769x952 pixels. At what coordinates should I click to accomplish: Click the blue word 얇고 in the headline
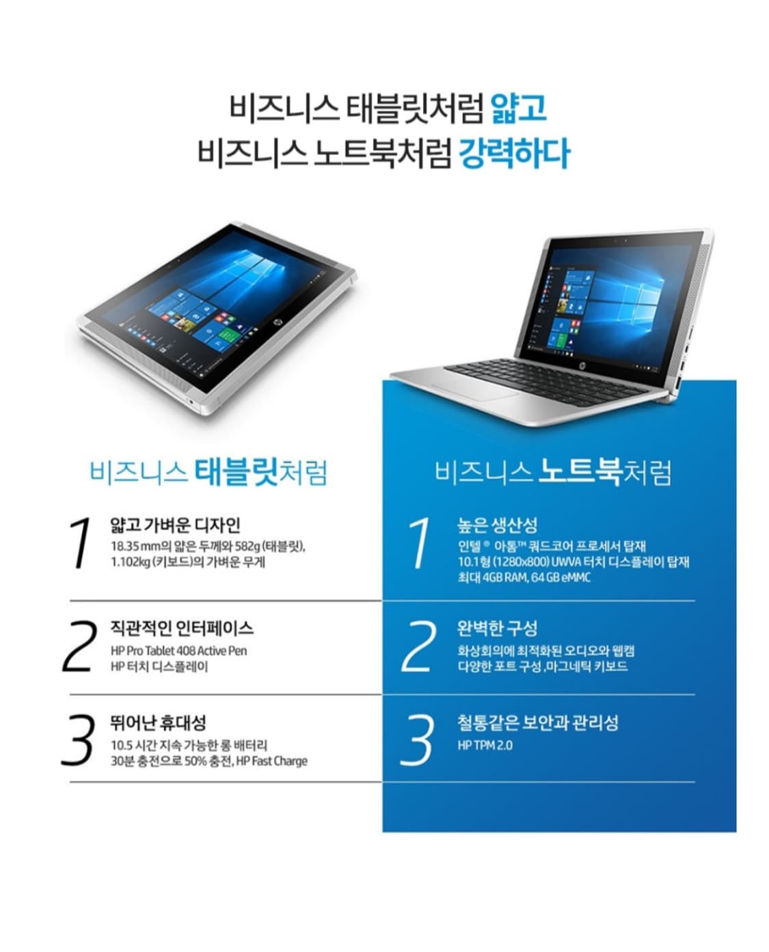click(519, 108)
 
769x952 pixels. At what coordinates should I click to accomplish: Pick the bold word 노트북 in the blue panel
click(580, 471)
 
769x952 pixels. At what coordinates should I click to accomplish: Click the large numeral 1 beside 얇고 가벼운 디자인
click(82, 543)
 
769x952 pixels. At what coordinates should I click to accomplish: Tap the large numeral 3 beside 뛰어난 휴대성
click(78, 740)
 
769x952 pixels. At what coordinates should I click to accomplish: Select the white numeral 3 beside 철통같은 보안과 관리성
click(417, 740)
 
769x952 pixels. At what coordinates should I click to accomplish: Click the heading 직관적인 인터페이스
click(182, 628)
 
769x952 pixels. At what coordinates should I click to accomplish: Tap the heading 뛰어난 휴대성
click(158, 723)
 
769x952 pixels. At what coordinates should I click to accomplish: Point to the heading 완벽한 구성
click(497, 628)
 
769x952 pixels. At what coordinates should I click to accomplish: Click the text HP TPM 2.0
click(485, 745)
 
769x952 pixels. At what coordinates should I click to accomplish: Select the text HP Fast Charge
click(271, 761)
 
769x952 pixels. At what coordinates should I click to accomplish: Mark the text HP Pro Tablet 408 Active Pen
click(178, 651)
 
